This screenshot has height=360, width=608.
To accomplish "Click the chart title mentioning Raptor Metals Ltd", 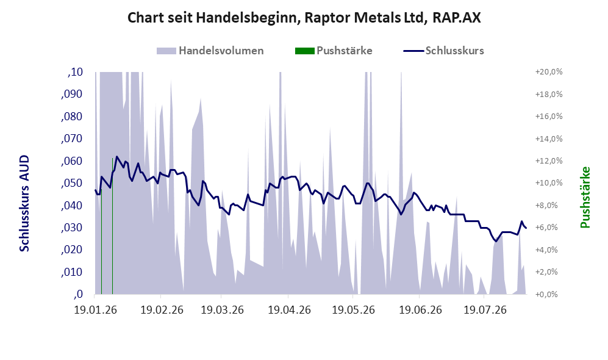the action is tap(304, 18).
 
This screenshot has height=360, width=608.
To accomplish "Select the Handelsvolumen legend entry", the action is tap(210, 51).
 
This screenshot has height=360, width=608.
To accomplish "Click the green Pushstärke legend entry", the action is tap(334, 51).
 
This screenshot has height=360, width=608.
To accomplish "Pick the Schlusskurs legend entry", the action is tap(443, 51).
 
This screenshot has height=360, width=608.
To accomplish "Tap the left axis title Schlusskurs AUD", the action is tap(24, 203).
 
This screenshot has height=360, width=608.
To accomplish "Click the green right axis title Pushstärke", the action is tap(585, 197).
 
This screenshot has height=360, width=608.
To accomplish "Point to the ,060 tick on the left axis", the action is tap(72, 160).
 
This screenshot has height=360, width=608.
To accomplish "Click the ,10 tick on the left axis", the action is tap(75, 72).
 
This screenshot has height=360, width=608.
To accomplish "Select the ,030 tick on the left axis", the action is tap(72, 228).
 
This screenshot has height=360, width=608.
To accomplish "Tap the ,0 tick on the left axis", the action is tap(78, 294).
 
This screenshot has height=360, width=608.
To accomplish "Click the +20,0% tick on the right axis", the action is tap(549, 72).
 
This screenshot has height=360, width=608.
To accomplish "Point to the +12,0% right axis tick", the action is tap(549, 160).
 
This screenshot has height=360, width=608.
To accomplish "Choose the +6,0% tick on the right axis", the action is tap(549, 228).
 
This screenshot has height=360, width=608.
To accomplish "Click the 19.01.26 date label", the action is tap(95, 310).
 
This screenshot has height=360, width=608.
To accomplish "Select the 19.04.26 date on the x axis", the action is tap(289, 310).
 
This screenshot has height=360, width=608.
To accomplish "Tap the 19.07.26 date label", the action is tap(485, 310).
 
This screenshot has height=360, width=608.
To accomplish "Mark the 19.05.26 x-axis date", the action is tap(353, 310).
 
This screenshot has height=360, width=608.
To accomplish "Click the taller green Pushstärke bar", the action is tap(112, 226).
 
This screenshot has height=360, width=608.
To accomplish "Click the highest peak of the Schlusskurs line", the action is tap(117, 157).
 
